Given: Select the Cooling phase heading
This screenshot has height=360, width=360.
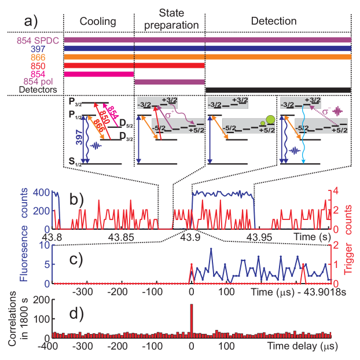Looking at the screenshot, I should [x=98, y=21].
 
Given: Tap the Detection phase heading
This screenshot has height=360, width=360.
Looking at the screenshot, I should [x=274, y=21].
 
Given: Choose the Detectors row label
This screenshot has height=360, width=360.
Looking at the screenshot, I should [x=38, y=90].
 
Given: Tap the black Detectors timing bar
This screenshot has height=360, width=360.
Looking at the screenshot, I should [x=278, y=90].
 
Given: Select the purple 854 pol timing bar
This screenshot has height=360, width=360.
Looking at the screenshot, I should [x=170, y=82].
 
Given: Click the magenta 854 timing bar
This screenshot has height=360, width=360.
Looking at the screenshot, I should [x=98, y=74].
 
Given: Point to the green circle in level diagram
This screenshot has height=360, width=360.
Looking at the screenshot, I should [x=270, y=120].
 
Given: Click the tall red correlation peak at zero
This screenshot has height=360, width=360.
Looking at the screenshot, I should [x=192, y=318].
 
